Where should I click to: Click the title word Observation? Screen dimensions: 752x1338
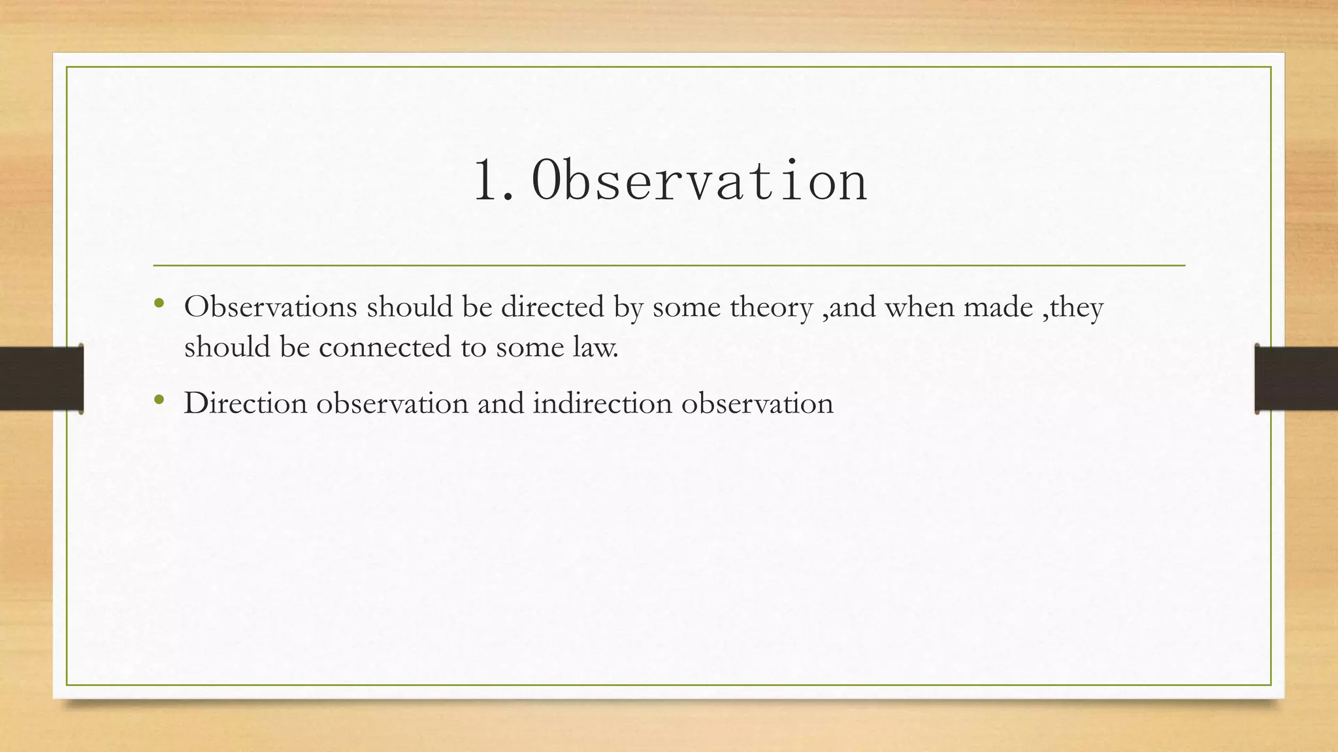699,181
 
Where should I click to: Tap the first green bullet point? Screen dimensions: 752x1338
159,304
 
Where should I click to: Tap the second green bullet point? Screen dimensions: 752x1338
159,399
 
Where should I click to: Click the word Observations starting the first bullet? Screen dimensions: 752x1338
270,307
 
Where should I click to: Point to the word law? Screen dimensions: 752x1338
595,347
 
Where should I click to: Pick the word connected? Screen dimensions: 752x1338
385,347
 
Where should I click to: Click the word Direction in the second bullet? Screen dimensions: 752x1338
246,403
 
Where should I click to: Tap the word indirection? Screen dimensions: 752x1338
602,403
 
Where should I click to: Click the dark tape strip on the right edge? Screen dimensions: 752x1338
1296,379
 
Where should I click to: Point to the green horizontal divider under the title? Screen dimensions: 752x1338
669,266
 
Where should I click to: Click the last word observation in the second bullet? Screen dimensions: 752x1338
757,403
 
